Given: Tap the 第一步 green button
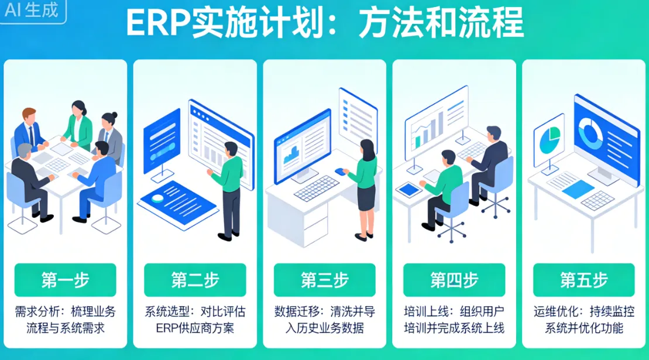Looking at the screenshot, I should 66,280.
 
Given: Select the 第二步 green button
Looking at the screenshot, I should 195,280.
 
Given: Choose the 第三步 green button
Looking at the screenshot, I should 324,280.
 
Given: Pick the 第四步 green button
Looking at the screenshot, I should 454,280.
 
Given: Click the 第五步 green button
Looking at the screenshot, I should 583,280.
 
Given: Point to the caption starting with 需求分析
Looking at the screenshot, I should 66,319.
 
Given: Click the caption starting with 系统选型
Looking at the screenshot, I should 195,319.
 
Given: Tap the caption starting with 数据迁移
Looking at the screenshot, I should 324,319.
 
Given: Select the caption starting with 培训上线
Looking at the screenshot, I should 454,319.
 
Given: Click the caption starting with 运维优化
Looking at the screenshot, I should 583,319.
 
